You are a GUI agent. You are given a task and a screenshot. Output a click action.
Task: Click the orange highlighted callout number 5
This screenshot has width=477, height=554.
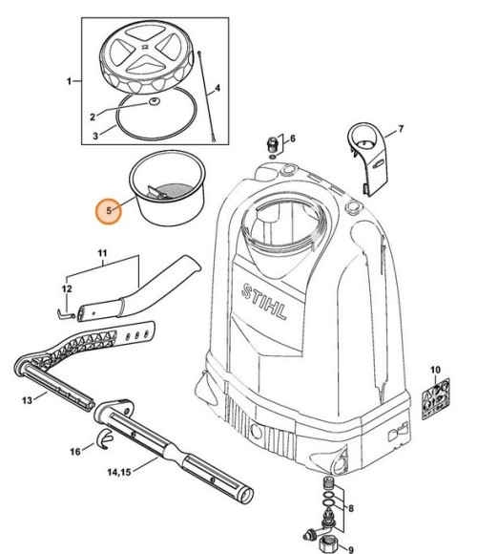[109, 210]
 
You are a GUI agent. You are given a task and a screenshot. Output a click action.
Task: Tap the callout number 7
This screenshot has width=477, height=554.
[401, 129]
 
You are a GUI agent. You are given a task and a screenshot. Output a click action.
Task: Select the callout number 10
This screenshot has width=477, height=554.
[435, 370]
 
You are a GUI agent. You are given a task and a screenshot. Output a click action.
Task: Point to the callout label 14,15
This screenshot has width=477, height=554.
[119, 472]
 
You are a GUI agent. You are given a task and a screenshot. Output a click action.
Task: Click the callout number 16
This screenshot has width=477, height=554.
[75, 452]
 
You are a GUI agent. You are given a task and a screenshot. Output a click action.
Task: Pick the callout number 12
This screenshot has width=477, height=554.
[67, 289]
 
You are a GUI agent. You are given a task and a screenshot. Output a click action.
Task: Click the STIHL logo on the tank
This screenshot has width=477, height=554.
[264, 302]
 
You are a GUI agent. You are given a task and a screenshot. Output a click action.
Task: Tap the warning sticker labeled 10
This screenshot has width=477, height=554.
[436, 399]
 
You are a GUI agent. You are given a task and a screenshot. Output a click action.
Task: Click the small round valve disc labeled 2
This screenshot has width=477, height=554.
[155, 102]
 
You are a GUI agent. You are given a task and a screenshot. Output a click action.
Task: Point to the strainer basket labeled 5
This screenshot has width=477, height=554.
[167, 187]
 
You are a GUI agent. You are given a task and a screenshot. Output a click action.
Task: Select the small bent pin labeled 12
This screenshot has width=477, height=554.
[66, 313]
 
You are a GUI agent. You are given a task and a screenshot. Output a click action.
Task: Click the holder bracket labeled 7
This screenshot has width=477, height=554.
[367, 159]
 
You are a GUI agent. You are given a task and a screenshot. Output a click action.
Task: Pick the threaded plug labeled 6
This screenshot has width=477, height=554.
[272, 144]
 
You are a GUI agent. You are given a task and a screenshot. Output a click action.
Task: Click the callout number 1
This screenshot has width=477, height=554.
[69, 81]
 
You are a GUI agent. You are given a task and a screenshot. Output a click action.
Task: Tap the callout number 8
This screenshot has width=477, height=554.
[350, 508]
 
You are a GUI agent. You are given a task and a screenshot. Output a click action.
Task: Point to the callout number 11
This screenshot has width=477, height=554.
[102, 253]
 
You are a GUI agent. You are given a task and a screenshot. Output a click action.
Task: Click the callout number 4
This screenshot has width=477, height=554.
[218, 88]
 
